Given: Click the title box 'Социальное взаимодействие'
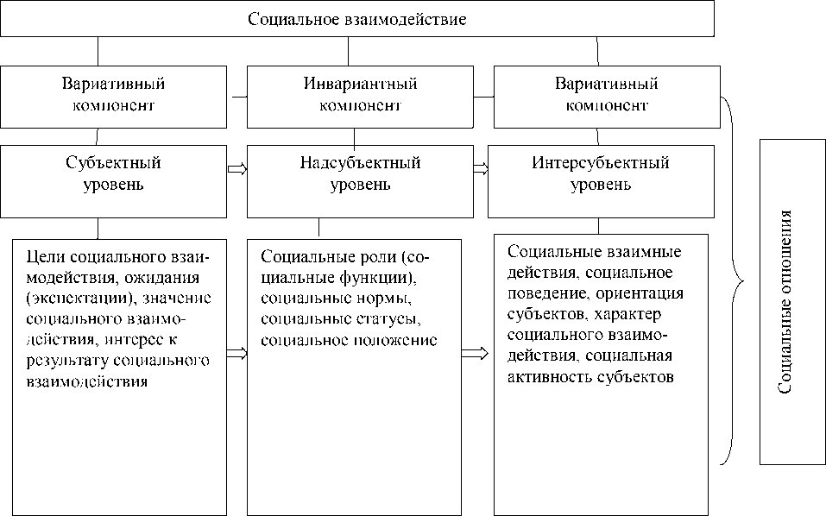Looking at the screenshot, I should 356,19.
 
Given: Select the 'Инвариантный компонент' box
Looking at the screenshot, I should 360,95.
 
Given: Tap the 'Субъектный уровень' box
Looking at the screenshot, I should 114,173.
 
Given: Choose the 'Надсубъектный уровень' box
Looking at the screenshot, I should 360,173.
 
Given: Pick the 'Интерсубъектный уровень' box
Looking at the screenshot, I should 601,173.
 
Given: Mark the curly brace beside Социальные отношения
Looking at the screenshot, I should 734,280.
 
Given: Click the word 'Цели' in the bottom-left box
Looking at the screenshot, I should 43,258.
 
